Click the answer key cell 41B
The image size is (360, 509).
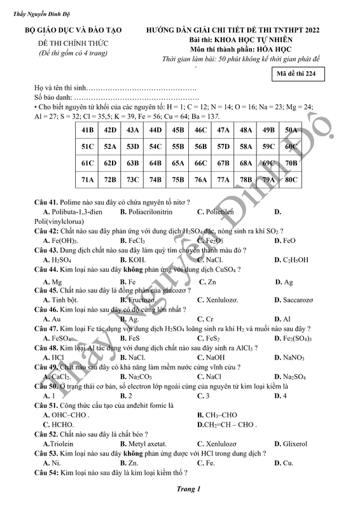(x=88, y=130)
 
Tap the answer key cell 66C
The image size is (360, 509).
(x=201, y=163)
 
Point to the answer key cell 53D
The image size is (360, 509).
(x=133, y=146)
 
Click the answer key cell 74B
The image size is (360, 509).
(x=155, y=180)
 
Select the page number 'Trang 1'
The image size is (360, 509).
(x=189, y=489)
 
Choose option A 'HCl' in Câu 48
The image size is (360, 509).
(x=54, y=358)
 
